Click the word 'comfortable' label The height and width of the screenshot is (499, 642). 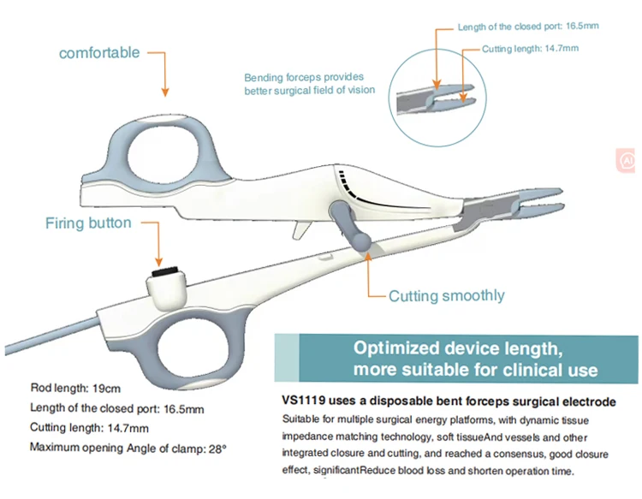[x=98, y=53]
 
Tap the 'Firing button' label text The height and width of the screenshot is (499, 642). [x=88, y=223]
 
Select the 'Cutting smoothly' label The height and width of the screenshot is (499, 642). [x=446, y=296]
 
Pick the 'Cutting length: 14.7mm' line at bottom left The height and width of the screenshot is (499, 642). [x=90, y=427]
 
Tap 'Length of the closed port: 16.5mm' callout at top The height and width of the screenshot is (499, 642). [x=527, y=27]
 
